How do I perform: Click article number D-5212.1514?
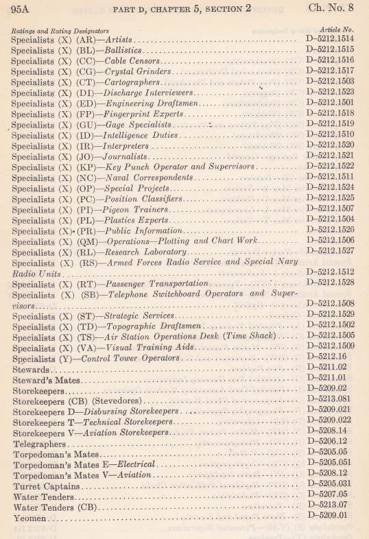(329, 40)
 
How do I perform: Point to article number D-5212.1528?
(329, 283)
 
